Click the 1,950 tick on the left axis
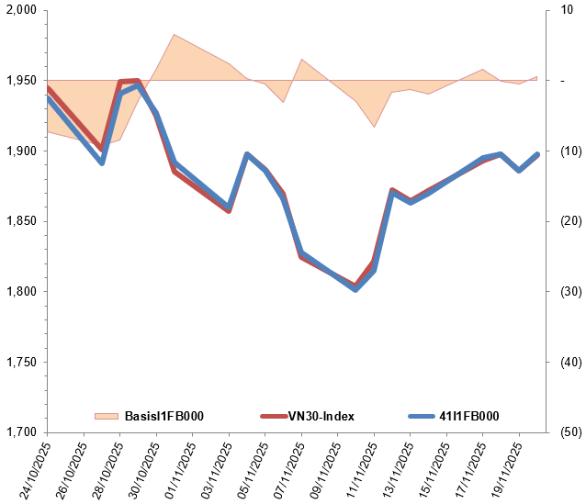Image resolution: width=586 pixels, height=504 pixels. pos(20,81)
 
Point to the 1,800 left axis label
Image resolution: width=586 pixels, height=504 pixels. pos(20,292)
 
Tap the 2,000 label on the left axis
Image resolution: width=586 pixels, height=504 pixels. pos(20,10)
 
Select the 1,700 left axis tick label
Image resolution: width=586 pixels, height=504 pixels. pos(20,432)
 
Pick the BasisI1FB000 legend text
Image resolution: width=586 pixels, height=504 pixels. pos(163,416)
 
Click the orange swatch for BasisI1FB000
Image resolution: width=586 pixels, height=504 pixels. pos(107,416)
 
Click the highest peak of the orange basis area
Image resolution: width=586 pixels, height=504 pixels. pos(174,35)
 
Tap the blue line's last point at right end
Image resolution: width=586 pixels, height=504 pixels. pos(537,154)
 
